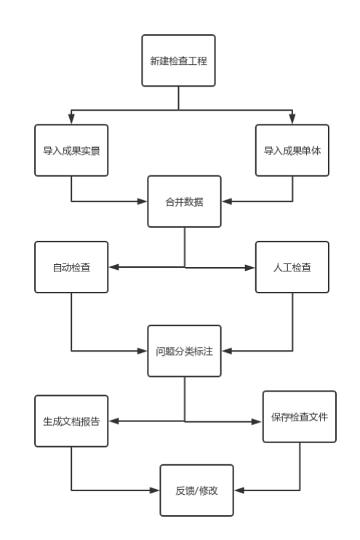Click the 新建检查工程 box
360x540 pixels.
tap(178, 60)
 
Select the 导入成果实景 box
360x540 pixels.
tap(71, 150)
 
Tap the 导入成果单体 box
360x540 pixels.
tap(292, 150)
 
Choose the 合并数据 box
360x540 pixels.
tap(184, 202)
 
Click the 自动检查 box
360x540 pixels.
tap(71, 267)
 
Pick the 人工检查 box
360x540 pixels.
tap(292, 267)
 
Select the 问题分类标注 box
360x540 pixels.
tap(184, 351)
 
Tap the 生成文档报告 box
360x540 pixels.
tap(71, 421)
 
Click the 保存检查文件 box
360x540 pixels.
tap(300, 416)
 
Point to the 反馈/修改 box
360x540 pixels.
tap(196, 490)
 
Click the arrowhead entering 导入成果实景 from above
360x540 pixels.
tap(71, 119)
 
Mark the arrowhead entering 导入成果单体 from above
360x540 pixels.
tap(292, 119)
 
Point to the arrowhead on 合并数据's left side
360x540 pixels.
tap(143, 202)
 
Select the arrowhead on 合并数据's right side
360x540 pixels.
tap(226, 202)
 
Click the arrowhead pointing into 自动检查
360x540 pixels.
tap(113, 267)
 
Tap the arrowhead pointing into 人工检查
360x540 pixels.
tap(250, 268)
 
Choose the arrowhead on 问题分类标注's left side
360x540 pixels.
tap(143, 351)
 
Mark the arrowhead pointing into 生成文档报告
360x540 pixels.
tap(113, 421)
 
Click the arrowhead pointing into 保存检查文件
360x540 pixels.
tap(257, 421)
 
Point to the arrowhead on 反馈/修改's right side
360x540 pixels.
tap(239, 490)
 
